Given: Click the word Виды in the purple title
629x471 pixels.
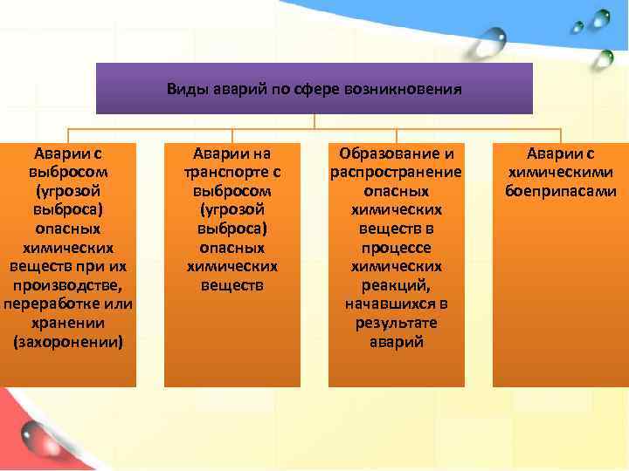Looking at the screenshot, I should [x=184, y=89].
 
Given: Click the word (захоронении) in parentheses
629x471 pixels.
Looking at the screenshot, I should [x=68, y=341].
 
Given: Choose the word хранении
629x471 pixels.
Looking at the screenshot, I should [x=68, y=323].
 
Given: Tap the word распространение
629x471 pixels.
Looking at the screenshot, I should [x=396, y=172].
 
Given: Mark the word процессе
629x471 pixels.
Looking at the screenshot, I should [x=396, y=248].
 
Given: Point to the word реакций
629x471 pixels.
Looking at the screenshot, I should [x=396, y=285].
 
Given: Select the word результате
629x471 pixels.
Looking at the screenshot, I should [x=396, y=323].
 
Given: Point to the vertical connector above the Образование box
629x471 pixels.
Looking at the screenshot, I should [x=396, y=136].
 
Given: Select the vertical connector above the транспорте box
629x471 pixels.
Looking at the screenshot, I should [x=232, y=136].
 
